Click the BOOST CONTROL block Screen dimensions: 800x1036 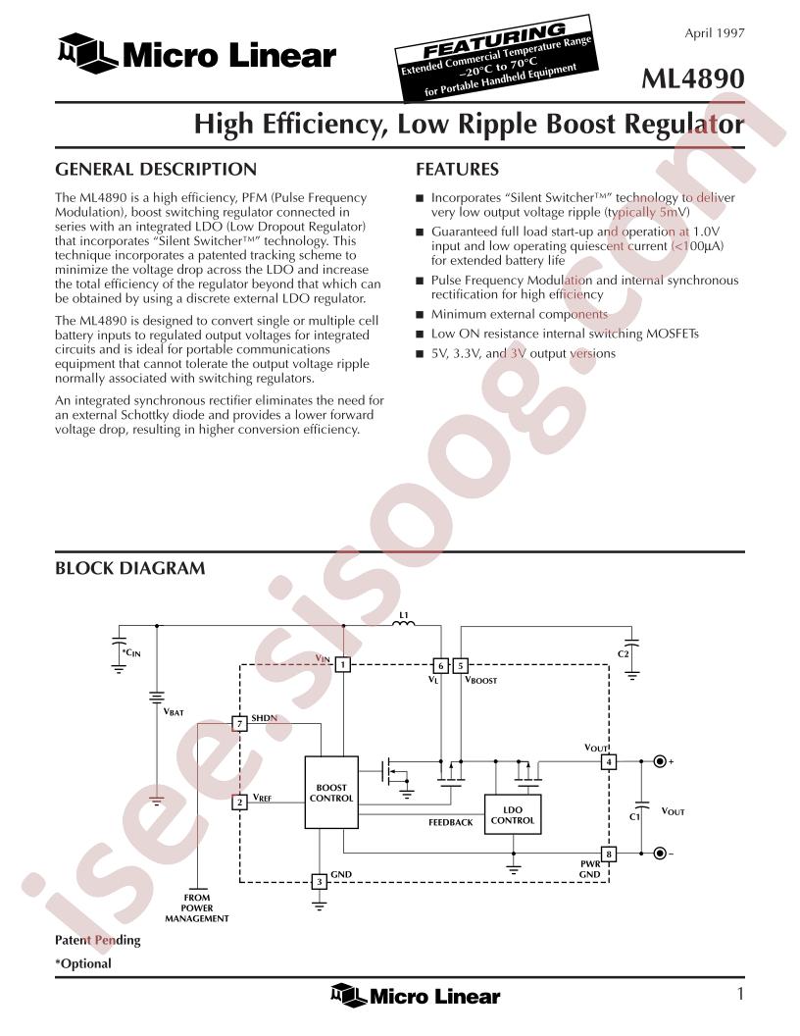pyautogui.click(x=330, y=792)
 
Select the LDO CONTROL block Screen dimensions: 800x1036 pyautogui.click(x=512, y=814)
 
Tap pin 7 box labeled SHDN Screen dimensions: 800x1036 pyautogui.click(x=239, y=723)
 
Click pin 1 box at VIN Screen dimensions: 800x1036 pyautogui.click(x=342, y=664)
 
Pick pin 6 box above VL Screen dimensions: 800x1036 pyautogui.click(x=440, y=665)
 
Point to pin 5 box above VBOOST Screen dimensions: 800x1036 pyautogui.click(x=461, y=665)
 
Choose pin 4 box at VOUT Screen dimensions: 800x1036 pyautogui.click(x=609, y=762)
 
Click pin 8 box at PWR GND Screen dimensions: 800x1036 pyautogui.click(x=609, y=854)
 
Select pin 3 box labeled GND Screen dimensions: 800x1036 pyautogui.click(x=320, y=881)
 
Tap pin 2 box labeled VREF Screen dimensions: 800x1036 pyautogui.click(x=239, y=803)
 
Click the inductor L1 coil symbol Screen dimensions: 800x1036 pyautogui.click(x=404, y=623)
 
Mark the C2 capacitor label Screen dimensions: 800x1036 pyautogui.click(x=624, y=654)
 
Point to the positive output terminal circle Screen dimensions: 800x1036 pyautogui.click(x=660, y=762)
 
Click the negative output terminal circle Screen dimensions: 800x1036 pyautogui.click(x=660, y=854)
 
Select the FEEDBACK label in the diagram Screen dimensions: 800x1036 pyautogui.click(x=451, y=822)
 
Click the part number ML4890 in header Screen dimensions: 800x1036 pyautogui.click(x=693, y=78)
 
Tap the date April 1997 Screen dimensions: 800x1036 pyautogui.click(x=714, y=33)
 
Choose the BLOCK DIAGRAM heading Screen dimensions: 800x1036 pyautogui.click(x=130, y=568)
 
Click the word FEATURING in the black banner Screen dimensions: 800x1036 pyautogui.click(x=494, y=41)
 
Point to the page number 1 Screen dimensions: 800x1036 pyautogui.click(x=740, y=994)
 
